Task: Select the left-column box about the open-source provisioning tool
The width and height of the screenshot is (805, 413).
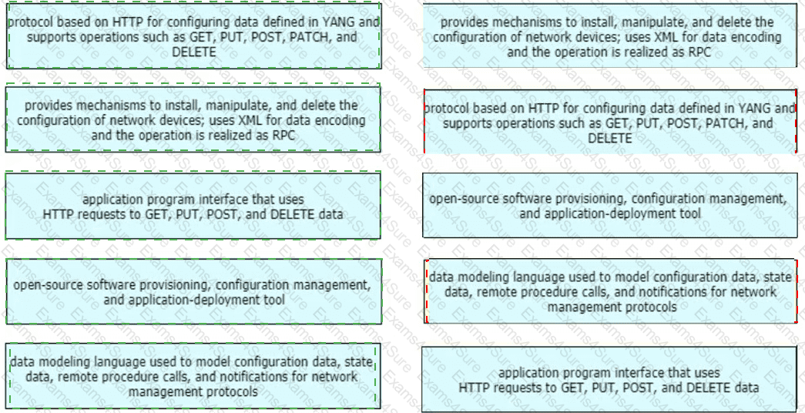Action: [193, 291]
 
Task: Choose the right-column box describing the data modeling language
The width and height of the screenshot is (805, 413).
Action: [610, 292]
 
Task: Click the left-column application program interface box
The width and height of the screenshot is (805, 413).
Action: [193, 206]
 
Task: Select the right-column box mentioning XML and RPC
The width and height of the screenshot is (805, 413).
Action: [609, 35]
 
